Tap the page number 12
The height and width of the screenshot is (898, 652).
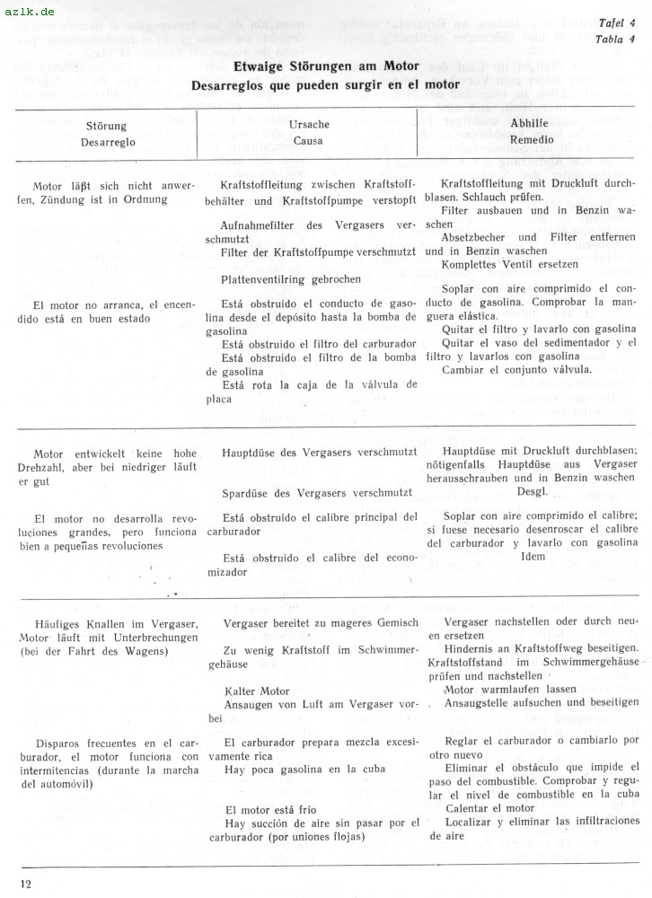[x=24, y=885]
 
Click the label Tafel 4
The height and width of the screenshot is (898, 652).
[x=617, y=23]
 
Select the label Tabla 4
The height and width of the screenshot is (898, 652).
[x=617, y=39]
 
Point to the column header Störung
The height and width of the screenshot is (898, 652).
[x=105, y=127]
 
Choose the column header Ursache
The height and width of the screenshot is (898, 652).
[x=311, y=125]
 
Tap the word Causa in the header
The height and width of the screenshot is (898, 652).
[x=308, y=140]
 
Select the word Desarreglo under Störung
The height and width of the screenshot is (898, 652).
[x=107, y=142]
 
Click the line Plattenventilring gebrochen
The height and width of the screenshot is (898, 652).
[x=291, y=279]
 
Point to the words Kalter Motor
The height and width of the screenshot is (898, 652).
[x=257, y=691]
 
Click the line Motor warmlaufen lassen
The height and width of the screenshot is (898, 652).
[x=509, y=689]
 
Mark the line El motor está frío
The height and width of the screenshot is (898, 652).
[x=270, y=810]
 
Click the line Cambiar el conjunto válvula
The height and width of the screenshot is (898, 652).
[x=516, y=369]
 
